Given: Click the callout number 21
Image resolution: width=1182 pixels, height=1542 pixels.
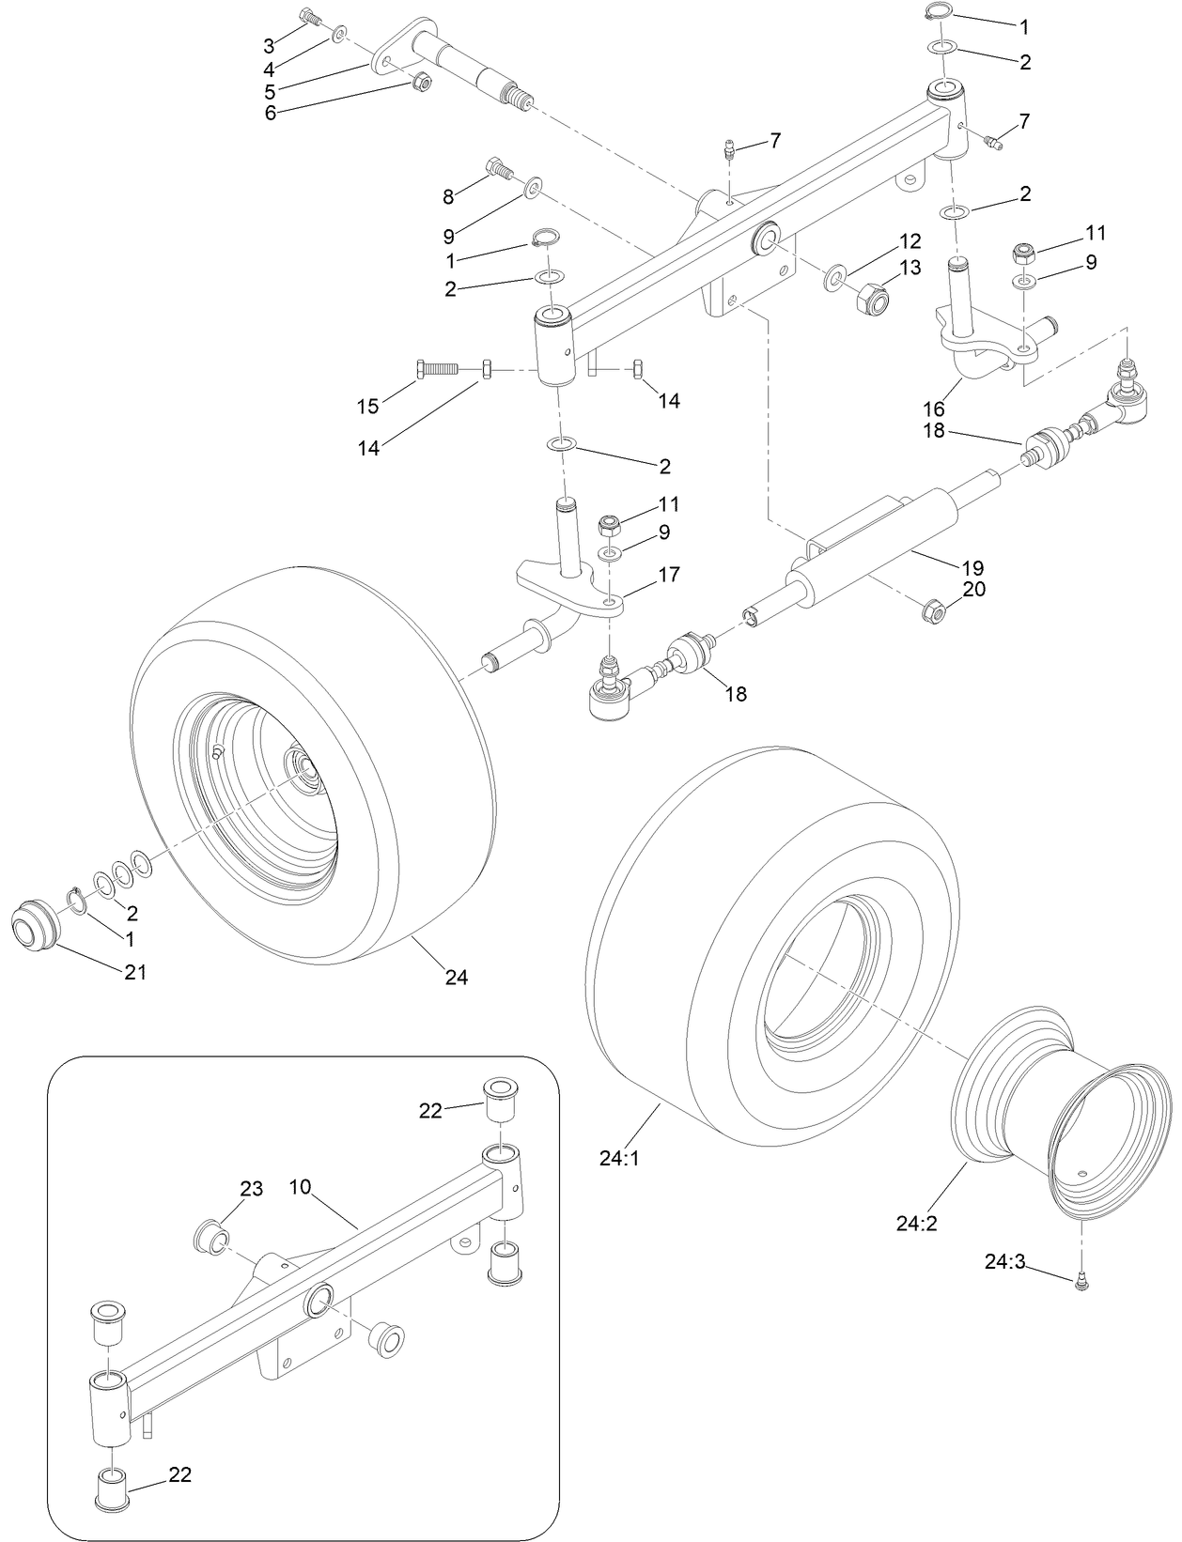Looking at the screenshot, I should point(136,972).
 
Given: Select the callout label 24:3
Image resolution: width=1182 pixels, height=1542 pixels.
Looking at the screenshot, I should point(1008,1262).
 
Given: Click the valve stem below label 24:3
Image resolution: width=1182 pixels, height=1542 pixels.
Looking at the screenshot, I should point(1081,1278).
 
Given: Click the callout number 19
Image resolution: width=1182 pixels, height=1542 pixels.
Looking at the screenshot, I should point(972,567).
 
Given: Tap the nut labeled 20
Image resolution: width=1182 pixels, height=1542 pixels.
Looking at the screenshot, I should point(933,613).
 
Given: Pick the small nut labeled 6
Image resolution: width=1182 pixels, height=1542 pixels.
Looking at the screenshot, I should point(422,83).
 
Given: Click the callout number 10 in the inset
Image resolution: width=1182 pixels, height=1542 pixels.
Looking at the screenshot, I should point(300,1187).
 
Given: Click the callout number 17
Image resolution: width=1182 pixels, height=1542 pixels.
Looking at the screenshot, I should point(669,574).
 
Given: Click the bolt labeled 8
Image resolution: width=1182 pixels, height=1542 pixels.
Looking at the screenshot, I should point(498,170).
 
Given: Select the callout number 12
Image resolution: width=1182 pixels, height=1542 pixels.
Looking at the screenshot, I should point(910,240).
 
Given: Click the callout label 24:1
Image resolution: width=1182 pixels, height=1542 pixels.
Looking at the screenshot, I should point(619,1159).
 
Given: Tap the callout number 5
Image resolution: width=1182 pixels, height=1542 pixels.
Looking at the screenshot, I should point(270,91).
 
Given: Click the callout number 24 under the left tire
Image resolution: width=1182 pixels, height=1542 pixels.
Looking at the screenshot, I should point(456,977).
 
